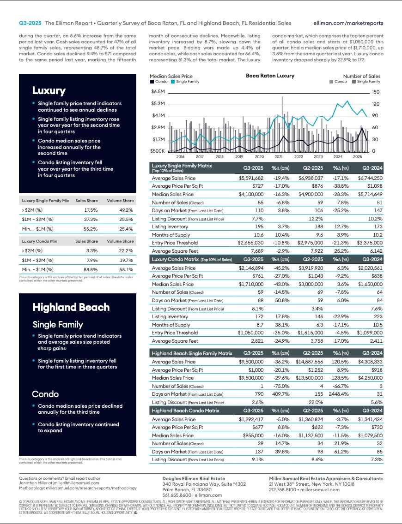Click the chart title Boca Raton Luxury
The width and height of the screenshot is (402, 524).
[270, 76]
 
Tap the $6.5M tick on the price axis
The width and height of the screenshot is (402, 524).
[158, 92]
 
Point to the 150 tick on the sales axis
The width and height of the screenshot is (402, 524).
[375, 92]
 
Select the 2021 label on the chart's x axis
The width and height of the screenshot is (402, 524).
[279, 157]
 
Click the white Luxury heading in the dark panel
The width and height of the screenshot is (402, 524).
[49, 90]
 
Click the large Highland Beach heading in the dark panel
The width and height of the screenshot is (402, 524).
[71, 307]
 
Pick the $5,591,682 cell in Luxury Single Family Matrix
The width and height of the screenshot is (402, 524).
[251, 178]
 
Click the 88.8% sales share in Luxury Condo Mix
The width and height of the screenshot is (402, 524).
[91, 269]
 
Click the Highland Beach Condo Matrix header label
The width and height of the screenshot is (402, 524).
[185, 410]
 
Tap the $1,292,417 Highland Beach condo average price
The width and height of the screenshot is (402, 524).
[251, 419]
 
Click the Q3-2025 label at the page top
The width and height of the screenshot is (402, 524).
[30, 23]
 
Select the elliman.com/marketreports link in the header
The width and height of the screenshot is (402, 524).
[348, 23]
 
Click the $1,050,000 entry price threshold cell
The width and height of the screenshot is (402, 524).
[250, 333]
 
